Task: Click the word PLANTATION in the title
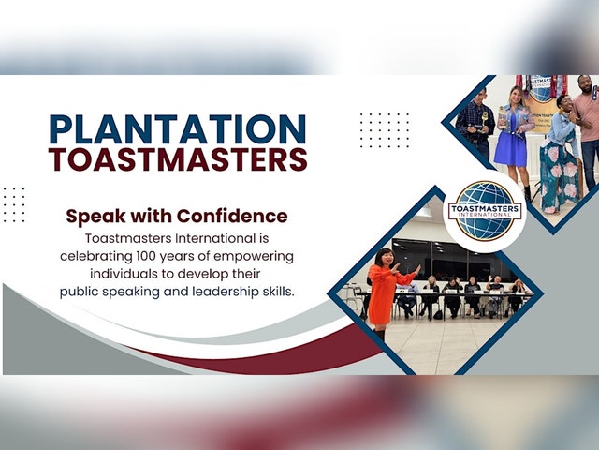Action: [x=178, y=129]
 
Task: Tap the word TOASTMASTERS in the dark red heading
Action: [x=178, y=158]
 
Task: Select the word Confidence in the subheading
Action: [x=232, y=216]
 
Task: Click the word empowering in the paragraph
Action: [x=254, y=257]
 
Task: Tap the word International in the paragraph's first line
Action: [x=215, y=238]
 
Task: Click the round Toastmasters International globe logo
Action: [x=485, y=211]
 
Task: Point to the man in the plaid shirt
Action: [x=475, y=123]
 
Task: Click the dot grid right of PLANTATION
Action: [x=385, y=130]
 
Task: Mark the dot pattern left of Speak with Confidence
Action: [x=14, y=204]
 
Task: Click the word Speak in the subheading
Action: [x=95, y=217]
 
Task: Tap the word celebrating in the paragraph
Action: [x=96, y=256]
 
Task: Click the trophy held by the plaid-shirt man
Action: [x=485, y=119]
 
